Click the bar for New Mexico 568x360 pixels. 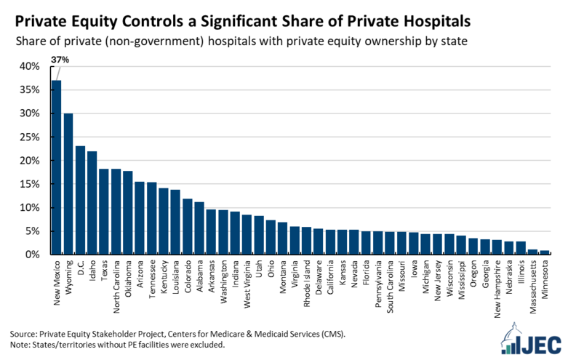[x=56, y=167]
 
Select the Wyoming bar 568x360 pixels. [x=68, y=184]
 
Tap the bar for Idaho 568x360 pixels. [x=92, y=203]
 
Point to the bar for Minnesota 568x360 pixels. [x=545, y=252]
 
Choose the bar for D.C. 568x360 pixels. [x=80, y=200]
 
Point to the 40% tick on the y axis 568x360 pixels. [x=30, y=66]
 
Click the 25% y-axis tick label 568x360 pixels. [x=30, y=137]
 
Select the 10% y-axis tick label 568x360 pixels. [x=30, y=207]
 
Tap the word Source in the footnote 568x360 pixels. [x=24, y=333]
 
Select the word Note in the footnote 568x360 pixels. [x=21, y=345]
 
